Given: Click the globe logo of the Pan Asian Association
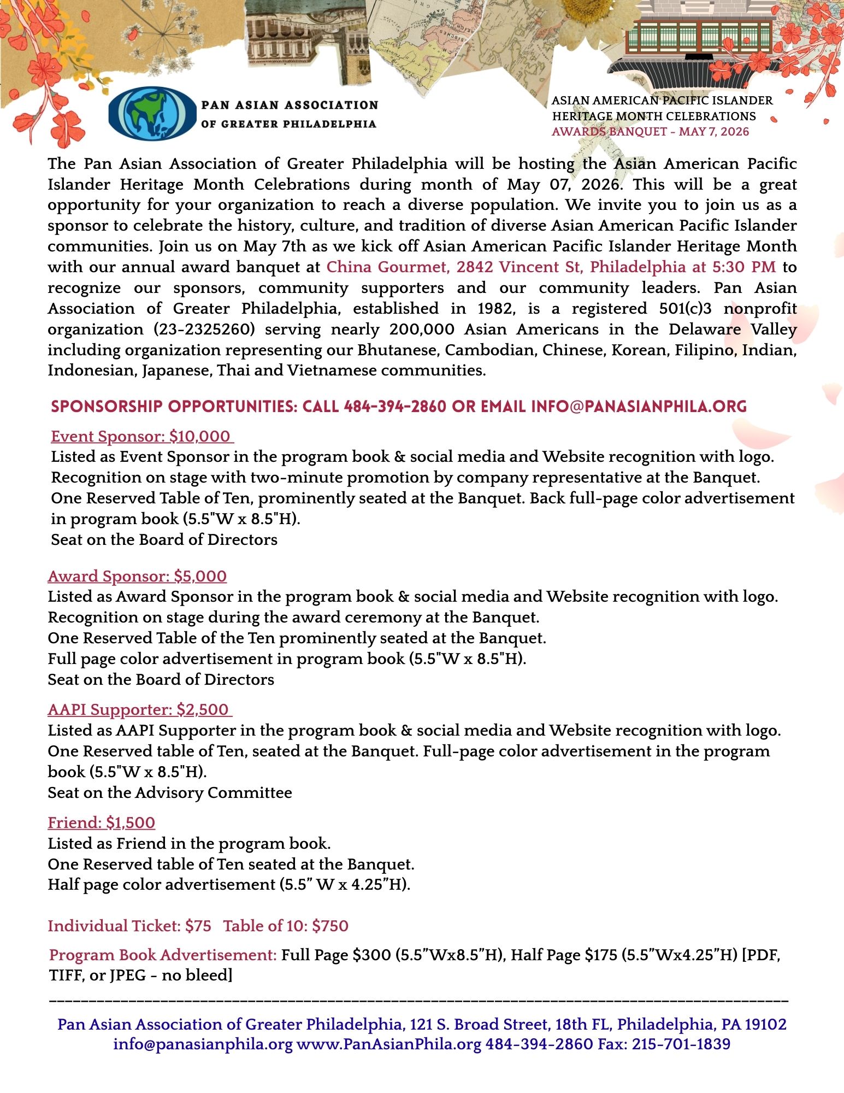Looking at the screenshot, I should click(152, 114).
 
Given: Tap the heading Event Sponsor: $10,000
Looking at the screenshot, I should click(142, 436).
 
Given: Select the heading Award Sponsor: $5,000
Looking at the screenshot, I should click(137, 576).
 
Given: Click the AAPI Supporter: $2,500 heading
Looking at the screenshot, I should click(140, 709).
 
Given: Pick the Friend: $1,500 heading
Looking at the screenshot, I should click(102, 822).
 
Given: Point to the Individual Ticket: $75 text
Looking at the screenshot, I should click(129, 926).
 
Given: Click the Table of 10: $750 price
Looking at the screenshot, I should click(286, 926).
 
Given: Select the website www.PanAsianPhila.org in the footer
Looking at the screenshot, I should click(388, 1044).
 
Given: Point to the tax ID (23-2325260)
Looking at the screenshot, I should click(203, 330).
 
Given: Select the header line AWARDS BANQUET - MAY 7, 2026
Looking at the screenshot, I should click(650, 132).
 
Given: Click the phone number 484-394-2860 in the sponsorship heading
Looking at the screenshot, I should click(395, 407).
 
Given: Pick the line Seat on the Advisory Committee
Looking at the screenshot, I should click(170, 792).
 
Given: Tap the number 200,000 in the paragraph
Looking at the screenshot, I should click(422, 330).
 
